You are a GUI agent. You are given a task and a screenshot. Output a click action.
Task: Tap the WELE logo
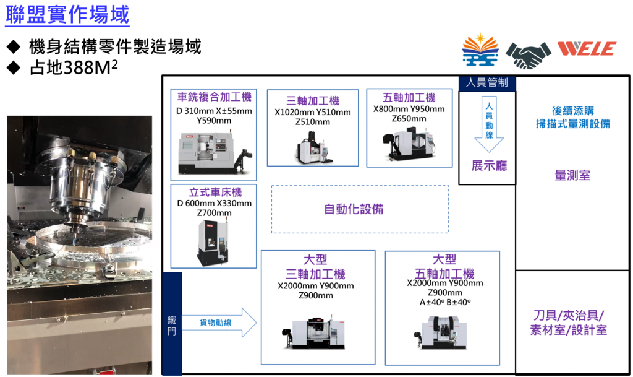click(586, 49)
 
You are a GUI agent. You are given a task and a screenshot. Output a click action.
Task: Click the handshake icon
click(528, 54)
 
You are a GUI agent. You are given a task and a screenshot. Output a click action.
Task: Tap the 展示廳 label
click(488, 166)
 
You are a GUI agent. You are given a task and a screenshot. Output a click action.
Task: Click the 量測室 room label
click(572, 176)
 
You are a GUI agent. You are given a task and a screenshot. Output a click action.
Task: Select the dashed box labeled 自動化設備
click(360, 209)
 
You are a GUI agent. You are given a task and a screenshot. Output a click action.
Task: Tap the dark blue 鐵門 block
click(172, 323)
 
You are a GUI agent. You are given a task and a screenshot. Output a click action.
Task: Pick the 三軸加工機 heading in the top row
click(313, 100)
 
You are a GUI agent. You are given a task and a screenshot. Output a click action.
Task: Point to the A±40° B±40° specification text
click(445, 302)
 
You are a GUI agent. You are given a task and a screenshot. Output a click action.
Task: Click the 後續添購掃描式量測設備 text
click(572, 117)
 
